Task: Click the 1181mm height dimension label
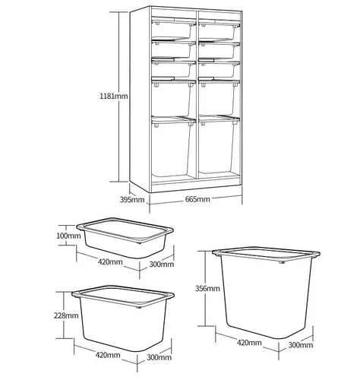coord(114,97)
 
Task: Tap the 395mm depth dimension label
coord(132,200)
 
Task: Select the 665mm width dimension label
coord(197,199)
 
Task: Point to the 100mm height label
coord(68,236)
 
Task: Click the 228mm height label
coord(66,315)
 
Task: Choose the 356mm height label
coord(207,288)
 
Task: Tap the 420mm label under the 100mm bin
coord(110,261)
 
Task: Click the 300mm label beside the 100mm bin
coord(162,264)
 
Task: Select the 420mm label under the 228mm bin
coord(108,355)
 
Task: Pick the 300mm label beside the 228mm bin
coord(159,357)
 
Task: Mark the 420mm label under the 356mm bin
coord(249,343)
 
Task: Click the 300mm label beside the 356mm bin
coord(301,345)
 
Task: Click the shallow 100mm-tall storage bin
coord(125,238)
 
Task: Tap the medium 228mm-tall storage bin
coord(123,318)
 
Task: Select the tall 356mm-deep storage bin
coord(266,293)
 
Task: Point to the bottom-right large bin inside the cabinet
coord(219,145)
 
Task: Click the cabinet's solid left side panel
coord(140,100)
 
